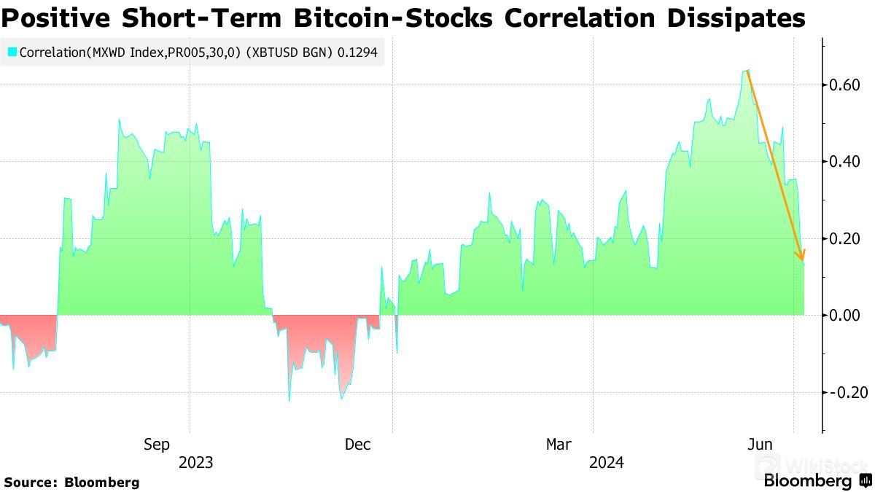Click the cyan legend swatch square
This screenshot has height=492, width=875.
pos(12,52)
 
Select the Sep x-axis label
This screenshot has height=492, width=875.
pos(157,444)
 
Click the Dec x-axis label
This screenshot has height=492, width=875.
pos(358,444)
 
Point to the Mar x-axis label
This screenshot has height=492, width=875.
pos(559,444)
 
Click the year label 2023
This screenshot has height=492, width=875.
pos(196,462)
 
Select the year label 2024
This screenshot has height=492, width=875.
pos(606,462)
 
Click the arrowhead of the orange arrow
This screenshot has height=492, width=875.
pos(802,255)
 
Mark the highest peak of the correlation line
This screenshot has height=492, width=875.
pos(748,70)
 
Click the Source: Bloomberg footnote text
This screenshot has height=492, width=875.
pos(71,482)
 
